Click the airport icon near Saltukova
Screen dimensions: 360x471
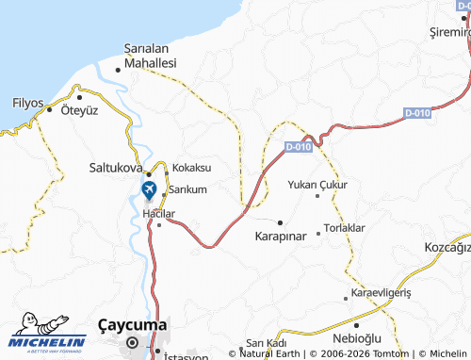[x=149, y=189]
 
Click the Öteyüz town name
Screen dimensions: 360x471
[x=79, y=110]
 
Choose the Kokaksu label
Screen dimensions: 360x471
[x=191, y=167]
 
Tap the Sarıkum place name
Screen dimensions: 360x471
[x=187, y=188]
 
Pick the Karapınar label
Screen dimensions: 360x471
[x=281, y=236]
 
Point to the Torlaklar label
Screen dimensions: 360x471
[x=344, y=228]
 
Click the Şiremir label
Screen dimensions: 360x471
[x=448, y=32]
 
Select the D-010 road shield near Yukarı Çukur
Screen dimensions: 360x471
[x=298, y=146]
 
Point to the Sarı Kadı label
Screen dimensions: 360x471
[x=265, y=341]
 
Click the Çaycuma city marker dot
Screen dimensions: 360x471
[x=133, y=343]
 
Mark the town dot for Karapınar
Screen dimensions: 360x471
[x=280, y=222]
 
